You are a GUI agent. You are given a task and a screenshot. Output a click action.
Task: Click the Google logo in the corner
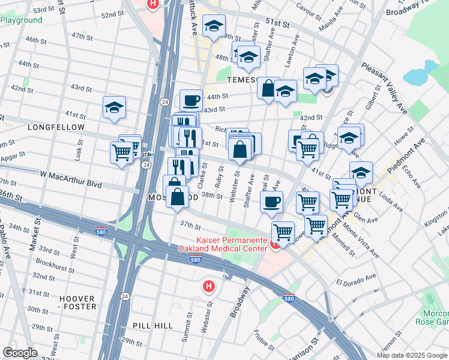[20, 353]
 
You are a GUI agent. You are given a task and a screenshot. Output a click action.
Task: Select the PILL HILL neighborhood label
[152, 326]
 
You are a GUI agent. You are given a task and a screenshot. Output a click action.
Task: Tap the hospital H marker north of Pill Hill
[208, 286]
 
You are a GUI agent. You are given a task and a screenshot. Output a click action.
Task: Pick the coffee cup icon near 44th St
[191, 100]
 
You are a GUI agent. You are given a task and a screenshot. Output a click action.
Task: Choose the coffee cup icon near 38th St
[271, 202]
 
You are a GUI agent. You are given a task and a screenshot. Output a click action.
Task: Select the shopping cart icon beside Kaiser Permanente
[282, 231]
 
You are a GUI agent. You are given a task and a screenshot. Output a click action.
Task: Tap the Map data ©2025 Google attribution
[412, 355]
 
